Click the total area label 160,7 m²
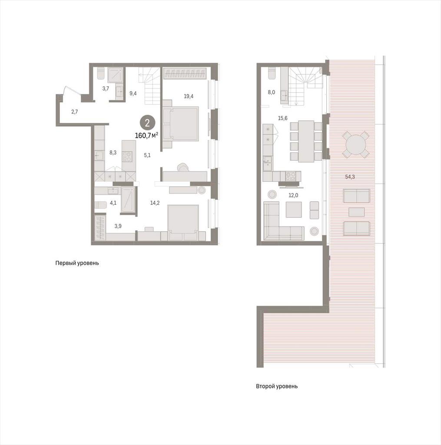coord(146,136)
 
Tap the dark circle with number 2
coord(147,123)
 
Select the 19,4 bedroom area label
coord(189,96)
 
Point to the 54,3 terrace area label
coord(350,176)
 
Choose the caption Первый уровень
coord(77,263)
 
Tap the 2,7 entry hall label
coord(74,112)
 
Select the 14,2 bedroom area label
coord(155,203)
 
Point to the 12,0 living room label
coord(293,195)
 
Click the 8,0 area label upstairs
coord(271,92)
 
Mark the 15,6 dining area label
coord(283,118)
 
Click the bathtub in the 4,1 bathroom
coord(128,199)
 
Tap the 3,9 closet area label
coord(118,226)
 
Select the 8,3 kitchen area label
coord(113,153)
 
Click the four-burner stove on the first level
coord(127,156)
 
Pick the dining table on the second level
coord(306,141)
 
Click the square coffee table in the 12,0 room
coord(293,209)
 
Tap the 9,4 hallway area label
coord(133,93)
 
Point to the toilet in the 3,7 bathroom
coord(101,73)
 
